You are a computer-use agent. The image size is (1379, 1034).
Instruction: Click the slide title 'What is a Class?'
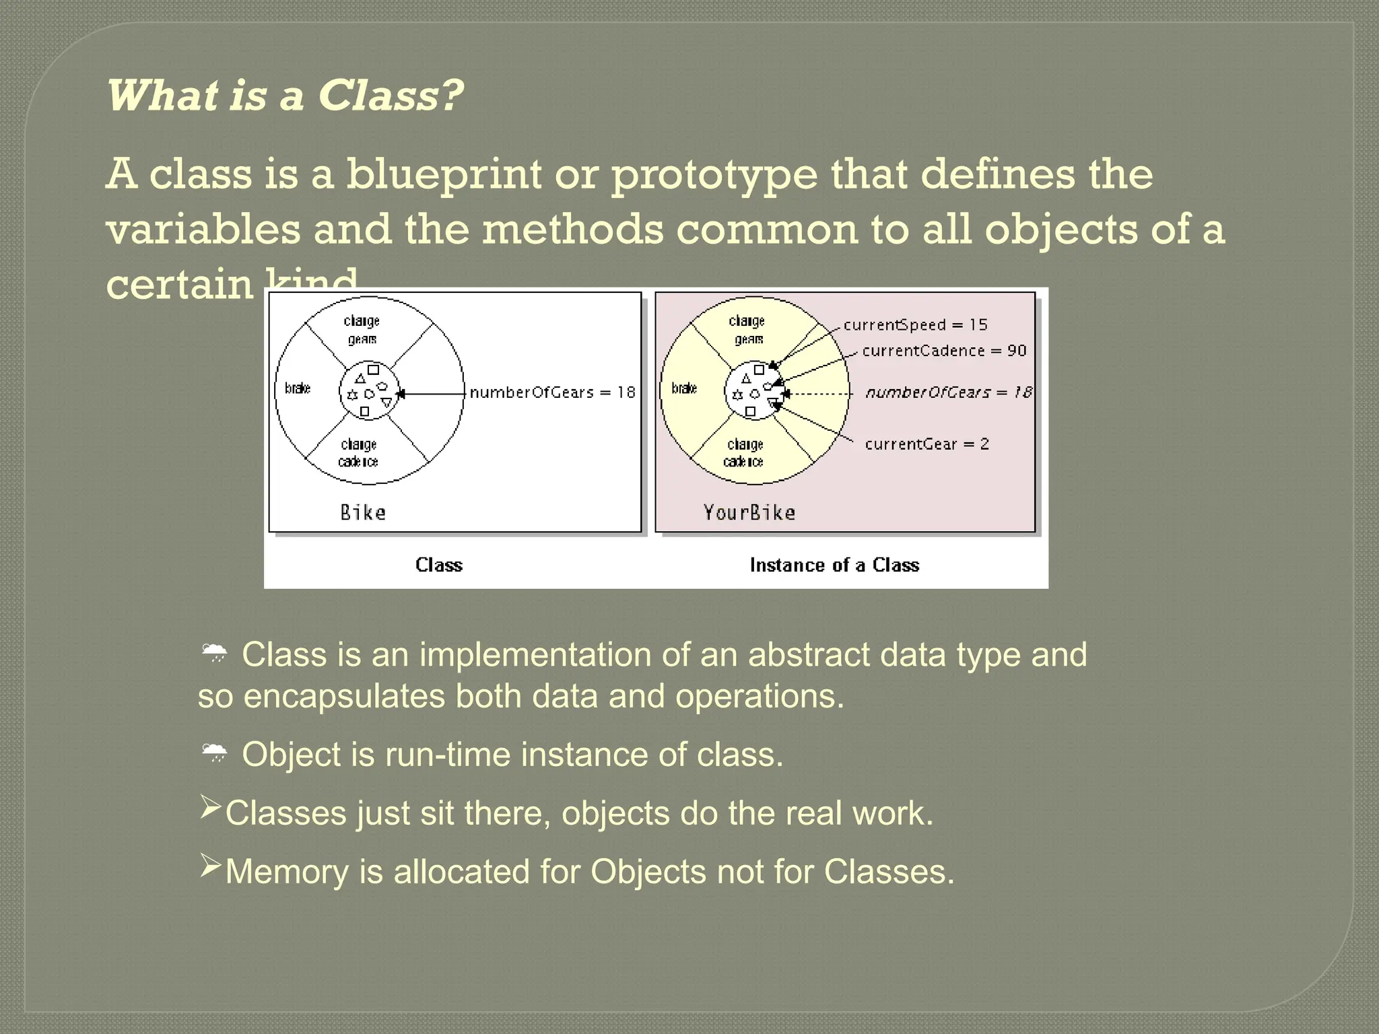click(285, 95)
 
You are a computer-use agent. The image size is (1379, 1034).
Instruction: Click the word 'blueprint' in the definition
click(444, 174)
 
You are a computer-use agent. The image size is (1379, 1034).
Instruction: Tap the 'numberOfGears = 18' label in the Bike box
click(552, 392)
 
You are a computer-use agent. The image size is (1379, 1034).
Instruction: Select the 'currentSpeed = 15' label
click(915, 325)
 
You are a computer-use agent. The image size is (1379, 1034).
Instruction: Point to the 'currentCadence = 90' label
click(944, 351)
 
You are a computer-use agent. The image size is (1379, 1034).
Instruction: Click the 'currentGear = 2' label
click(927, 444)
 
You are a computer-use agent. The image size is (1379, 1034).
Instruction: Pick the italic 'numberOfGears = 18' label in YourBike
click(948, 392)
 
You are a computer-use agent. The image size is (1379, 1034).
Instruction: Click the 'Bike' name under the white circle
click(363, 513)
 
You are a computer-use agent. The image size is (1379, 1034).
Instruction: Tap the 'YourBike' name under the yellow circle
click(749, 513)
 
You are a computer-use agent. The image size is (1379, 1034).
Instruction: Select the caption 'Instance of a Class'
click(834, 565)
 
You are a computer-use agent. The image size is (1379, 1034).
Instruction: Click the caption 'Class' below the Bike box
click(439, 565)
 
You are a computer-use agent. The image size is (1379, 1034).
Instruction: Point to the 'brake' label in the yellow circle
click(684, 388)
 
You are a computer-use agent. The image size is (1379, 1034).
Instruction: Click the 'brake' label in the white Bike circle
click(298, 388)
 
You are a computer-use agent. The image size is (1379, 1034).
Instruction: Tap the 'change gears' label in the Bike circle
click(362, 330)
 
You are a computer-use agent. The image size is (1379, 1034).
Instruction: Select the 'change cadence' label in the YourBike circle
click(745, 453)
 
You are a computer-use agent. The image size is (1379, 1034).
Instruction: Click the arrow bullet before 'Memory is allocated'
click(210, 866)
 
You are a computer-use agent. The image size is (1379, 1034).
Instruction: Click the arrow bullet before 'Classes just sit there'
click(210, 807)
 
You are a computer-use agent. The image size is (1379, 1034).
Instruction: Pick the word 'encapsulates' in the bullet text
click(344, 696)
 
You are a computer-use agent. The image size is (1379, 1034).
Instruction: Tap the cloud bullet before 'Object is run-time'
click(215, 752)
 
